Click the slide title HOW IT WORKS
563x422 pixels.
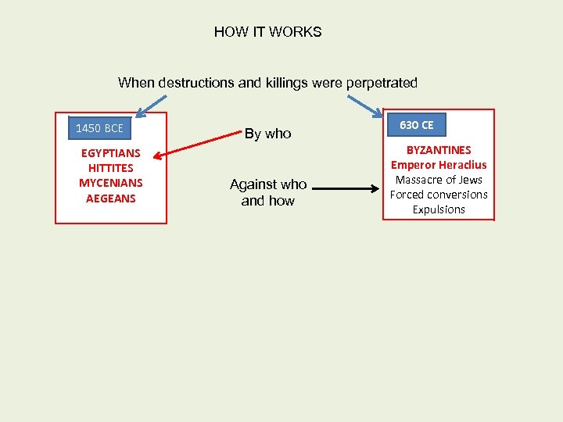tap(267, 32)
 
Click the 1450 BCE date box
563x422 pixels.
tap(99, 127)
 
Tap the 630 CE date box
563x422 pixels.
tap(416, 125)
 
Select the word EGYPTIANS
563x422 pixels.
tap(110, 153)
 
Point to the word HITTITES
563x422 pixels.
tap(110, 168)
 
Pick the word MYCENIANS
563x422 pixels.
tap(110, 183)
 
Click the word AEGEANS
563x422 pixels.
tap(110, 198)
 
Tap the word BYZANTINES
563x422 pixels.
tap(438, 149)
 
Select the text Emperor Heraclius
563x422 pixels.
tap(438, 165)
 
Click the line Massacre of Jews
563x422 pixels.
tap(438, 180)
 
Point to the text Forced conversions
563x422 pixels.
tap(438, 195)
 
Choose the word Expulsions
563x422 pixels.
tap(438, 209)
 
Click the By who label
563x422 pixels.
tap(267, 134)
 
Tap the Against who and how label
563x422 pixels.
tap(267, 192)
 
